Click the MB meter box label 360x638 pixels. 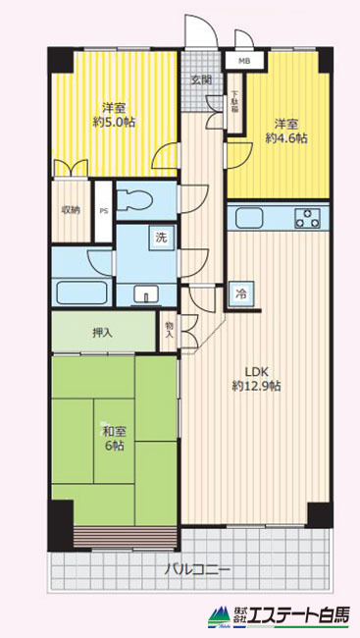244,62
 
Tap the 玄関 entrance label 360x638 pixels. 202,80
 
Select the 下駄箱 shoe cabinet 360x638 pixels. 234,103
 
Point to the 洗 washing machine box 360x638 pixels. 161,238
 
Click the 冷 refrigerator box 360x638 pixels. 241,293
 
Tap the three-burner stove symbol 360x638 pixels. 308,218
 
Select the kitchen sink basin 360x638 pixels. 250,218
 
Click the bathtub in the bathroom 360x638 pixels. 81,292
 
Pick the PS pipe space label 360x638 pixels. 104,212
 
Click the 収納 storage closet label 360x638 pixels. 71,210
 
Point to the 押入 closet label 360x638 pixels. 102,333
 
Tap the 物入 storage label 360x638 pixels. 170,330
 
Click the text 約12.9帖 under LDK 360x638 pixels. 256,385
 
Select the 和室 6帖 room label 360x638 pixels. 113,438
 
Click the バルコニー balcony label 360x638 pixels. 197,569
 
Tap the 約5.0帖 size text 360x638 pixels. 115,122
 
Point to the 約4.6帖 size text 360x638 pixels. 286,138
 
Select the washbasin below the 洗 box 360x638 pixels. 146,292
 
